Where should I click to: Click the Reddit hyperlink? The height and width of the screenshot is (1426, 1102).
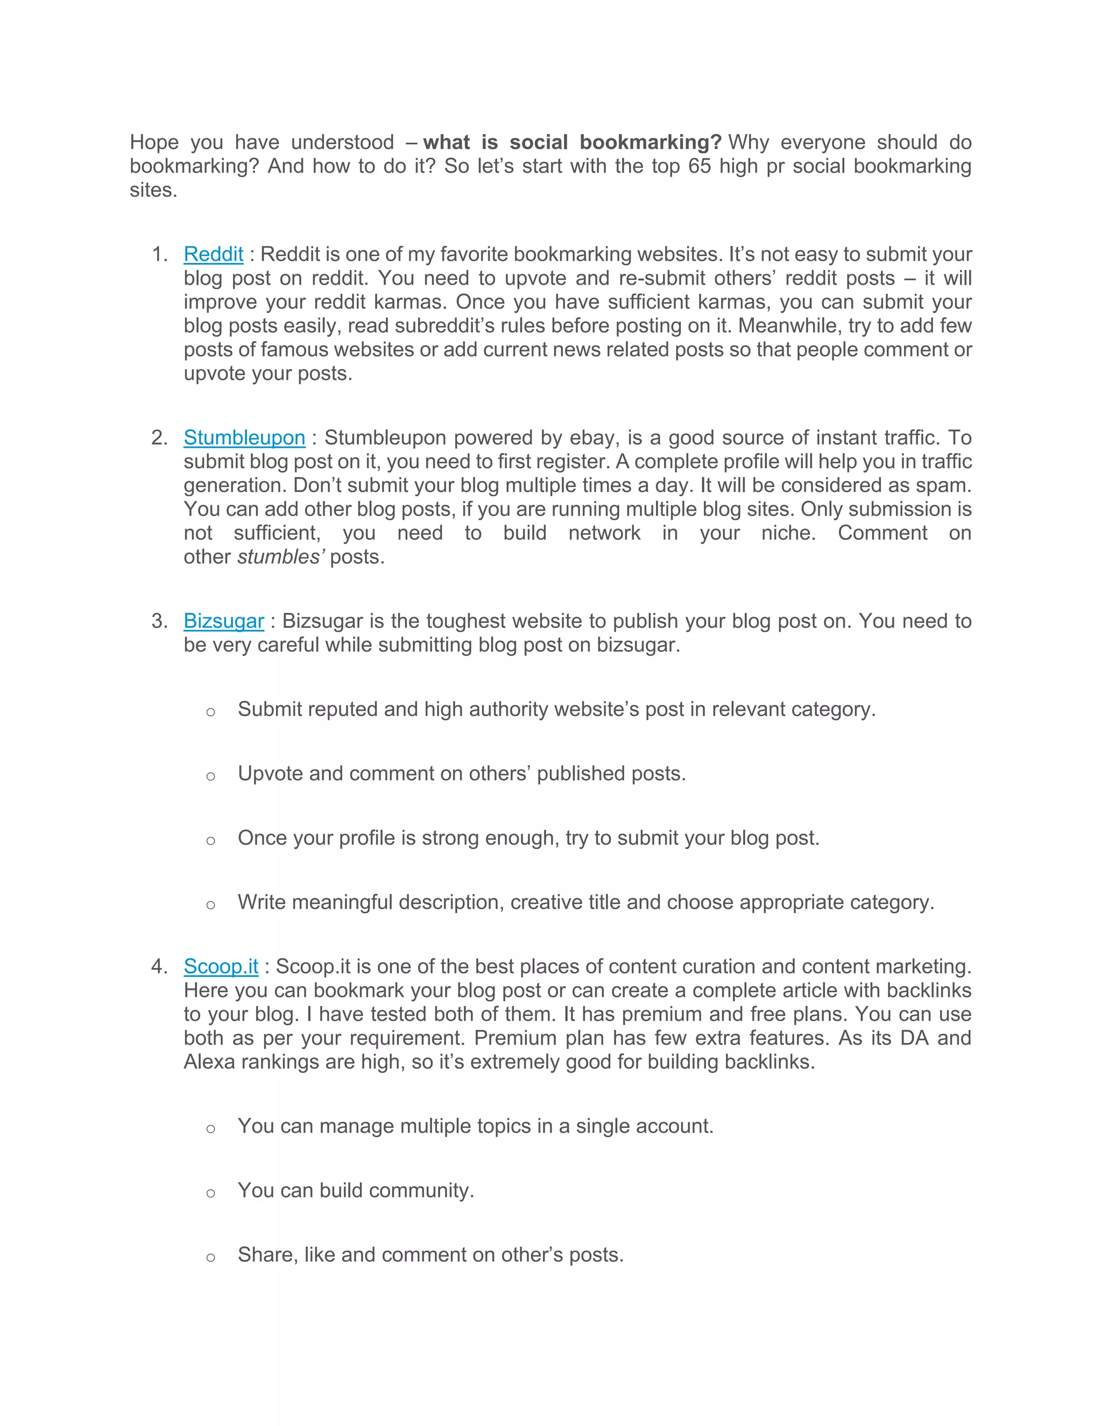[x=213, y=254]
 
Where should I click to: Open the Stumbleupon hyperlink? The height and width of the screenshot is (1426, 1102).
[x=244, y=437]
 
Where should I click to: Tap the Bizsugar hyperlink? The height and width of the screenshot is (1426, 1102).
[x=223, y=621]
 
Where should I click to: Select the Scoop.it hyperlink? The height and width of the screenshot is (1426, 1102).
[x=221, y=966]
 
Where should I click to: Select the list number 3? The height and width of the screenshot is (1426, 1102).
[x=159, y=621]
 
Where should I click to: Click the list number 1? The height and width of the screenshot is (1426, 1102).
[x=159, y=254]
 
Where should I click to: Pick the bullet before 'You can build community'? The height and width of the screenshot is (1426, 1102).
[x=210, y=1193]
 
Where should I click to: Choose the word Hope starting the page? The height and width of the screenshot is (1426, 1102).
[x=154, y=143]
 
